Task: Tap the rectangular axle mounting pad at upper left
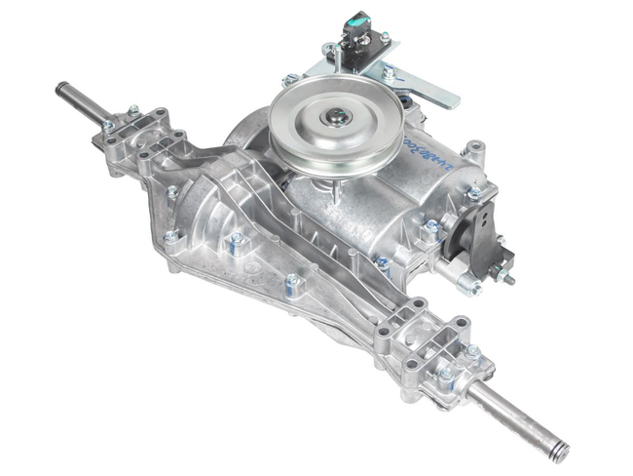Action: [x=137, y=133]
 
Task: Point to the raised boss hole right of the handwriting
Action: [x=474, y=152]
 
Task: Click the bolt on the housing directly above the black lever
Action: [x=475, y=193]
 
